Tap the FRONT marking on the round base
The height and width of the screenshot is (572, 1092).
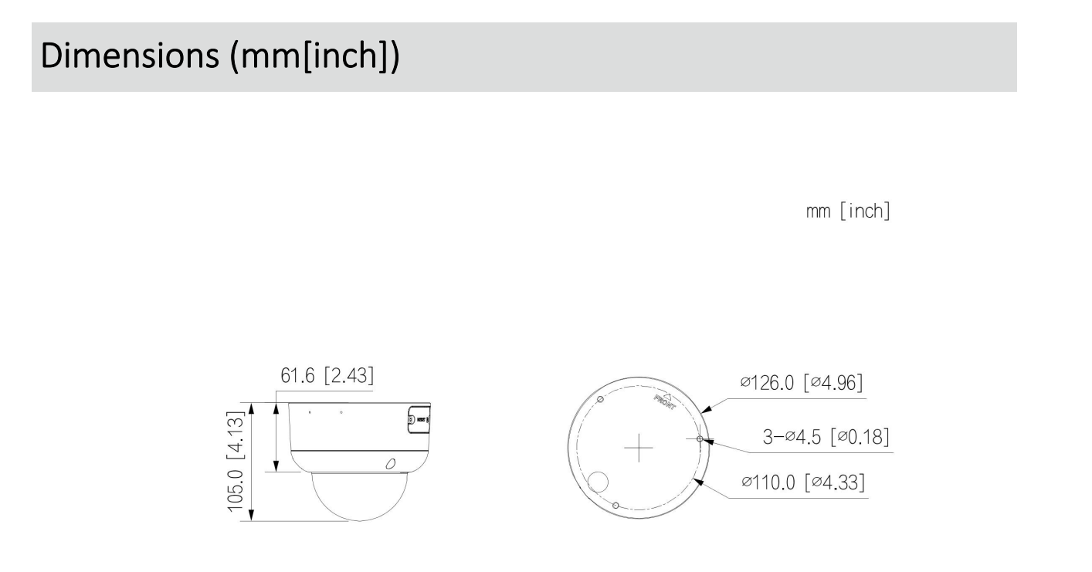(x=663, y=401)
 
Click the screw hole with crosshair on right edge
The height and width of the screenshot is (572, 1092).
(x=699, y=438)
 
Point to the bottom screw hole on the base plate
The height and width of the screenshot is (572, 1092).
(x=615, y=505)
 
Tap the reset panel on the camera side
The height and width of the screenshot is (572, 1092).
(x=417, y=419)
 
